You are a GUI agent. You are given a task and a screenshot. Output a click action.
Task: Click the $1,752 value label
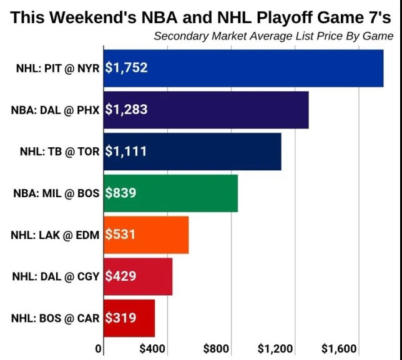[x=126, y=68]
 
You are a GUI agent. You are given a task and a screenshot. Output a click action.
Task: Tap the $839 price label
[x=120, y=193]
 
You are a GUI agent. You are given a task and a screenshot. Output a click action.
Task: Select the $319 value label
[x=120, y=318]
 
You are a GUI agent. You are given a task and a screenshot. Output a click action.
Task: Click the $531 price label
[x=120, y=235]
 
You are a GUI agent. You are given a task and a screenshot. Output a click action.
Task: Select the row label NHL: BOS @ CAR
[x=55, y=318]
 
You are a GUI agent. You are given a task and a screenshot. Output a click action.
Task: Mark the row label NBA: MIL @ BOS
[x=55, y=193]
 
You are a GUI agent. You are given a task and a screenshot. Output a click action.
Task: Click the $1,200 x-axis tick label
[x=275, y=348]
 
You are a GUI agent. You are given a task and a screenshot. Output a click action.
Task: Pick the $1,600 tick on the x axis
[x=339, y=348]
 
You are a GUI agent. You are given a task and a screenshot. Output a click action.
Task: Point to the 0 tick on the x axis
[x=97, y=348]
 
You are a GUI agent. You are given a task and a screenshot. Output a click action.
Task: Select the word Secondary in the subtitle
[x=180, y=36]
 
